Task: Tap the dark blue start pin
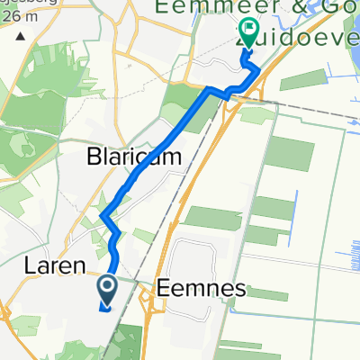point(106,292)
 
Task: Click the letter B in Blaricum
point(94,157)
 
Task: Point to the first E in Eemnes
point(162,289)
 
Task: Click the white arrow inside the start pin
point(106,289)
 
